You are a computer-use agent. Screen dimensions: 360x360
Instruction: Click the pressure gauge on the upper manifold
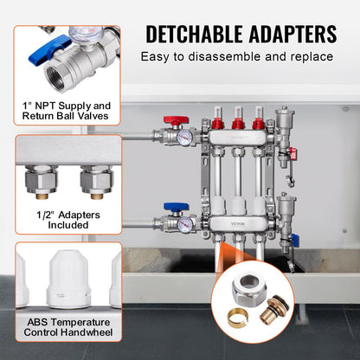tap(183, 138)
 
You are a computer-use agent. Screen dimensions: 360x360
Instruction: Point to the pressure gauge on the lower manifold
tap(183, 224)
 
